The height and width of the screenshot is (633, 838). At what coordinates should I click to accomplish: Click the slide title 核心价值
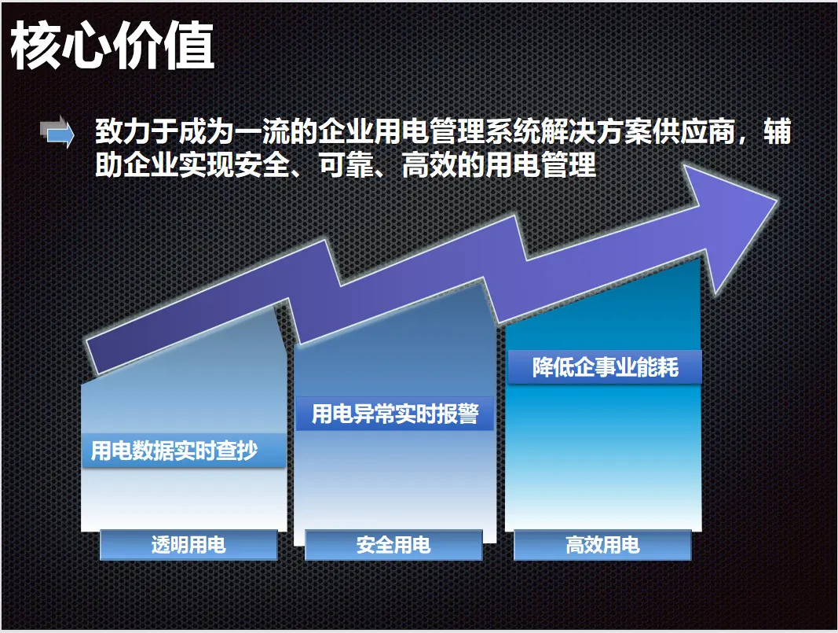point(112,46)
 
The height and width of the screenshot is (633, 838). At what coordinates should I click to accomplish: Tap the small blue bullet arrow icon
point(57,131)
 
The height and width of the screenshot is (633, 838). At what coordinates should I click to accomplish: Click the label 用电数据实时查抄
point(174,451)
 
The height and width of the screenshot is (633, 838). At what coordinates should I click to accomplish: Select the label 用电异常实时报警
point(395,414)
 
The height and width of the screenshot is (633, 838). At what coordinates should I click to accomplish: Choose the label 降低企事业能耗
point(605,367)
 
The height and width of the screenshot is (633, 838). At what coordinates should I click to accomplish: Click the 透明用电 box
point(188,545)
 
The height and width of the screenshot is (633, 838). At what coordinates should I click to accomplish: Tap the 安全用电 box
point(394,545)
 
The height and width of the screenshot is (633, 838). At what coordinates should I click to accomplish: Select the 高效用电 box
point(603,545)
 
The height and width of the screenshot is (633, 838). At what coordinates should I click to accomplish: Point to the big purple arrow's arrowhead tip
point(777,198)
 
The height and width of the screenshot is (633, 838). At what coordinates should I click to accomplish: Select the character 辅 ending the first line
point(777,131)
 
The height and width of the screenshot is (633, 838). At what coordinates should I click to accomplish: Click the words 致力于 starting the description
point(137,131)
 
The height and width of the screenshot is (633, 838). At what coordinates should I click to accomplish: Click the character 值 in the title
point(190,46)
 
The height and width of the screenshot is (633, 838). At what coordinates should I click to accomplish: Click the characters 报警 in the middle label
point(458,414)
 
